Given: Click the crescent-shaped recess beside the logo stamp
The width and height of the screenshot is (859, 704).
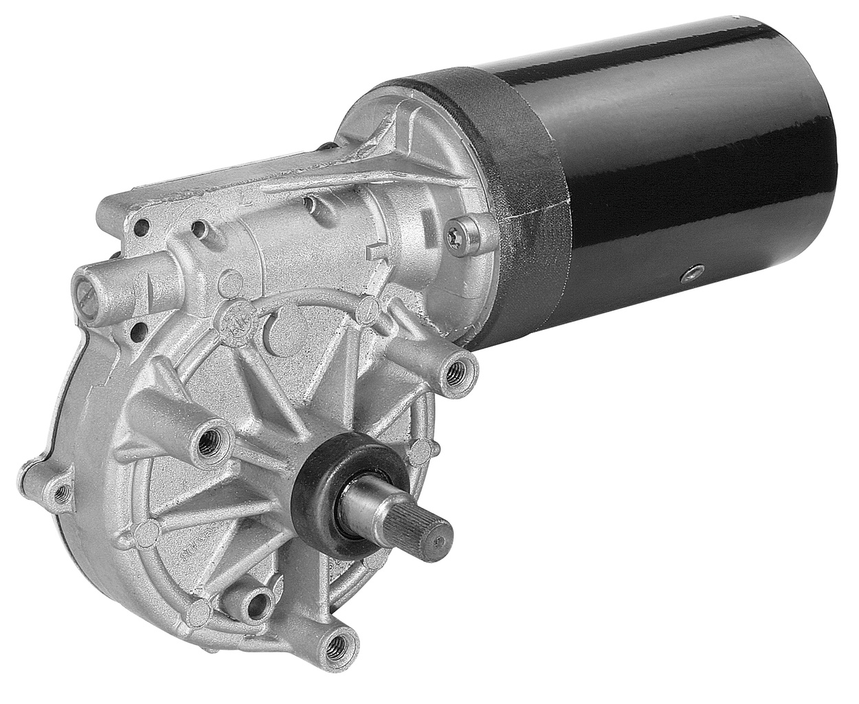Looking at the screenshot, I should point(276,328).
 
